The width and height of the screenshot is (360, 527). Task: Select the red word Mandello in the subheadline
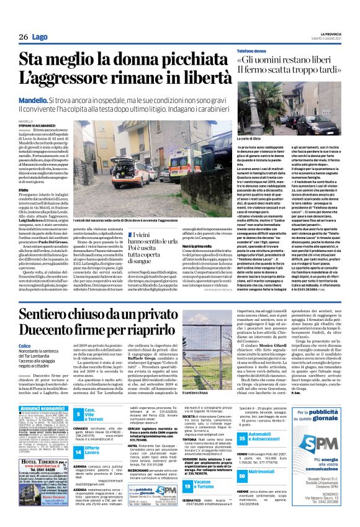(35, 99)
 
